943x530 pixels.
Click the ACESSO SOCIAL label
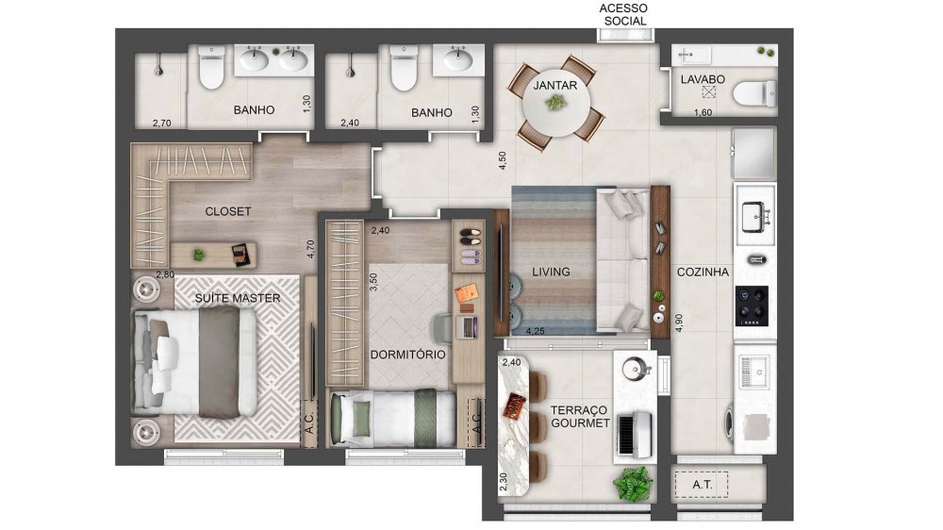624,14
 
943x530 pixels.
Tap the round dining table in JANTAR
555,102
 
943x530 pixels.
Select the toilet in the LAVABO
754,92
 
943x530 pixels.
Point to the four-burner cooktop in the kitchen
754,304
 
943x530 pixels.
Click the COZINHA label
703,272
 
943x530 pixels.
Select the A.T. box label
703,486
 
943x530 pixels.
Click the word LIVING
550,272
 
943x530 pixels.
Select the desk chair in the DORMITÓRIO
440,326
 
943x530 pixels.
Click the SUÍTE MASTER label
238,298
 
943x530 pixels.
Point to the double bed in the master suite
196,360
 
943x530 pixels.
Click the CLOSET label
228,211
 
